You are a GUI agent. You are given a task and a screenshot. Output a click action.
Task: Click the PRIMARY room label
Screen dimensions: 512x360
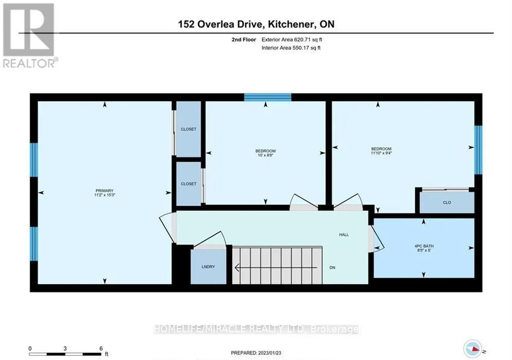(x=104, y=191)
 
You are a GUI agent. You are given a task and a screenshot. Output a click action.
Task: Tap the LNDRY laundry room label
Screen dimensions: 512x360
(x=208, y=267)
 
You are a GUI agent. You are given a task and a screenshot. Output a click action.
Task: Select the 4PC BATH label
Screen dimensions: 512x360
(x=424, y=246)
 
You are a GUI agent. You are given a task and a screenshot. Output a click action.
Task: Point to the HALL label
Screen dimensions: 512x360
(x=344, y=234)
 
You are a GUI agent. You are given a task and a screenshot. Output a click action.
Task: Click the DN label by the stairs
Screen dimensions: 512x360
(x=332, y=267)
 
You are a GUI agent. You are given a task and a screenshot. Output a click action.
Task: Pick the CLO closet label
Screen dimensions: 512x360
(x=447, y=202)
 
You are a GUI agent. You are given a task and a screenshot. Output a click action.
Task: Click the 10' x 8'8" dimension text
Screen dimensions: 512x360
(x=266, y=155)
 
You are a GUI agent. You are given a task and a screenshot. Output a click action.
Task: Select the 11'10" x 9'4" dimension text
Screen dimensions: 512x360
(x=381, y=153)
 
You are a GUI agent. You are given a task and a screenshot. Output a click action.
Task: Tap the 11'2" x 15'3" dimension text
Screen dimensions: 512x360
(x=104, y=195)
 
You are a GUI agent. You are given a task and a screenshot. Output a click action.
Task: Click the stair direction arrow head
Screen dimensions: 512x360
(x=237, y=267)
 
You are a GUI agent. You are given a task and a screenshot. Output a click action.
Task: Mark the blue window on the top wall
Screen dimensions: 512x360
(x=268, y=97)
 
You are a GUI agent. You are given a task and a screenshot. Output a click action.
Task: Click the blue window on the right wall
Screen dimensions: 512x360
(x=478, y=150)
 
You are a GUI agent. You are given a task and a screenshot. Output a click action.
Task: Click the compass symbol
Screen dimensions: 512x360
(x=473, y=349)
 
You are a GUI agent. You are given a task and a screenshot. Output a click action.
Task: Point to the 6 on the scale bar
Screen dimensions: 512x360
(x=101, y=348)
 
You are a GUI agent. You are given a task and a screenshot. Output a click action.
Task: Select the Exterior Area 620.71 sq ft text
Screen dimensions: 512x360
(x=292, y=40)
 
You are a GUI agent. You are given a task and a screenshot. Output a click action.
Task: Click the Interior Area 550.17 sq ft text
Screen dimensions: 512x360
(x=291, y=48)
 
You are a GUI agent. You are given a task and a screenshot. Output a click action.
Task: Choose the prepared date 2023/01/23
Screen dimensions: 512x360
(x=270, y=353)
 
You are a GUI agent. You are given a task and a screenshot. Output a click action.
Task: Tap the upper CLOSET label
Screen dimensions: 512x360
(x=189, y=129)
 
